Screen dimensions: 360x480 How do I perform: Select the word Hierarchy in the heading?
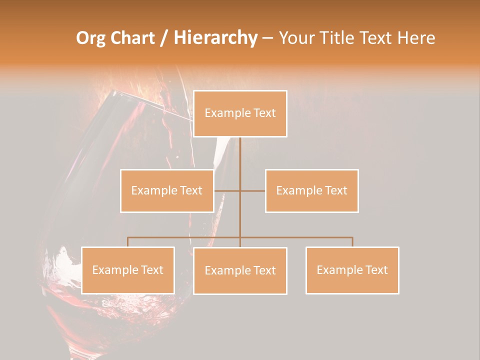pos(215,38)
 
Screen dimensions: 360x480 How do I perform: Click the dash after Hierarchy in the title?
pos(267,38)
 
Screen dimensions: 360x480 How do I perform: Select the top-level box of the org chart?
pos(240,113)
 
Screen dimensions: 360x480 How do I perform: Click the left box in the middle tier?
pos(167,190)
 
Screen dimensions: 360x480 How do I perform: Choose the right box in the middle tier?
pos(312,190)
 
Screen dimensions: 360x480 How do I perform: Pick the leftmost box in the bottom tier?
pos(128,270)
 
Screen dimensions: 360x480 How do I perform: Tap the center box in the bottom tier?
pos(240,270)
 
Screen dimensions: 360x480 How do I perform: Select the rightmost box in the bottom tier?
pos(352,270)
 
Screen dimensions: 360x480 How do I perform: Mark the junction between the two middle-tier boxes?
pos(240,190)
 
